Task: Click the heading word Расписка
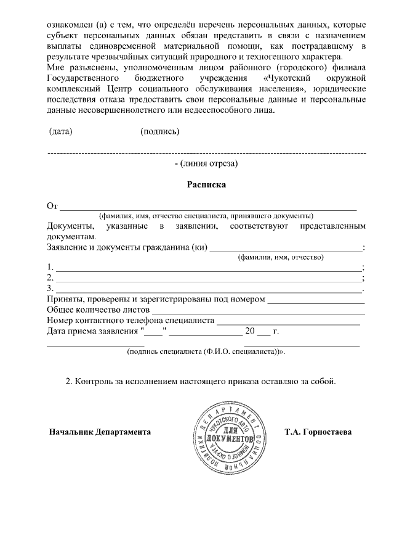[x=206, y=184]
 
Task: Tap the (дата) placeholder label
[x=60, y=131]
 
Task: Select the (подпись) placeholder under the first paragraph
[x=160, y=131]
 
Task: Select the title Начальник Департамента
[x=100, y=432]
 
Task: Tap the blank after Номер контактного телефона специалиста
[x=288, y=323]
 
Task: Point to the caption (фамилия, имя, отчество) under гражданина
[x=281, y=257]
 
